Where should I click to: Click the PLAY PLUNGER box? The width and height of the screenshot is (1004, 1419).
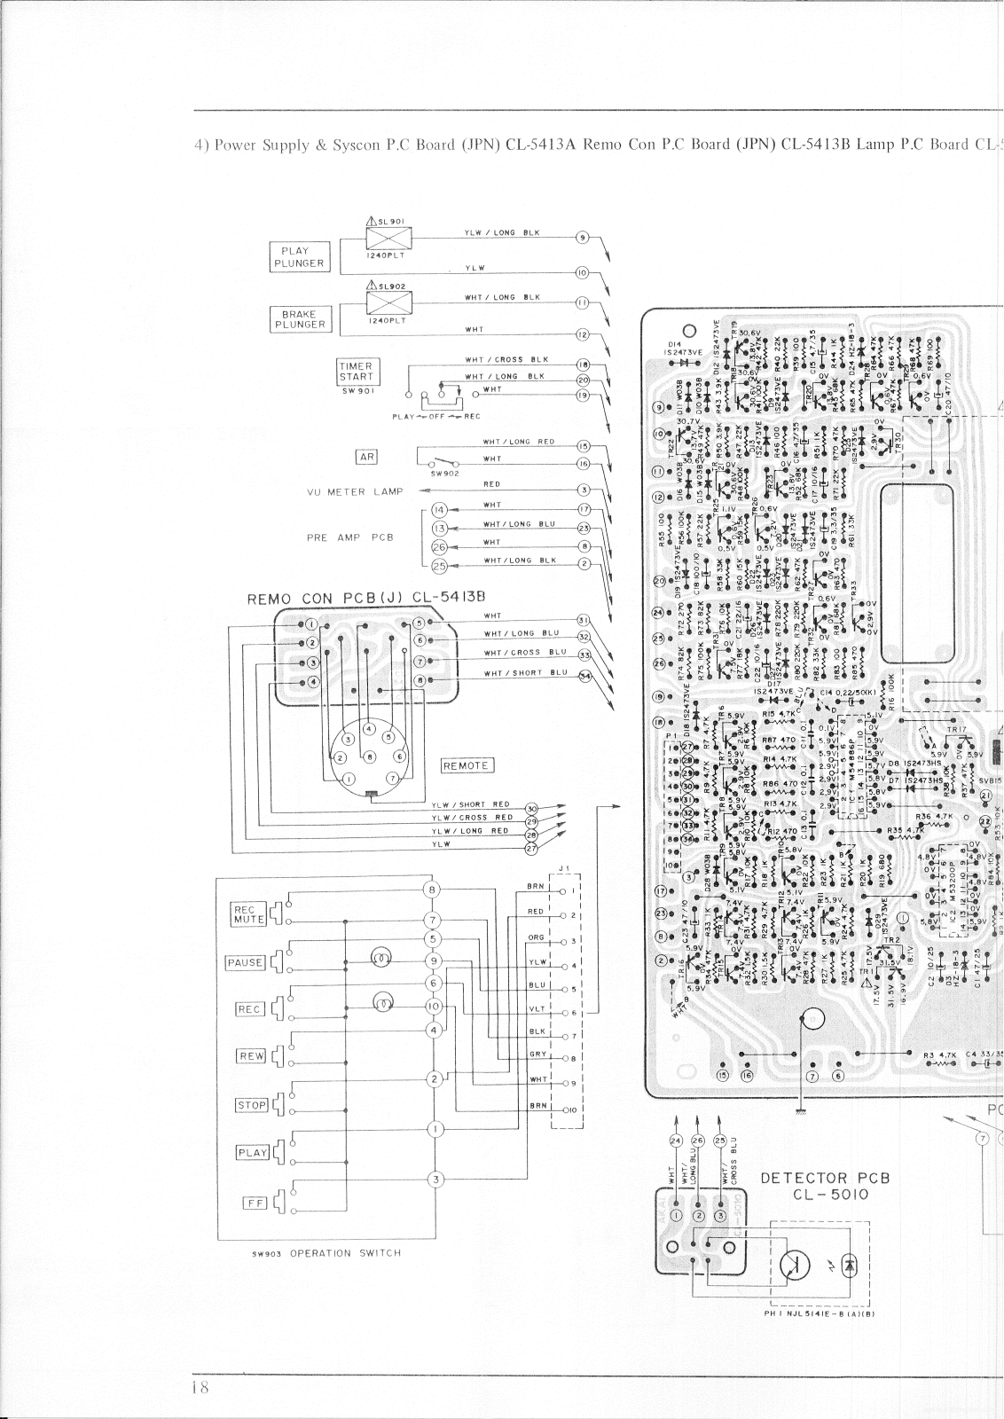click(x=300, y=256)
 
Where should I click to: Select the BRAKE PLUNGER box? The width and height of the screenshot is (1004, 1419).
click(x=300, y=319)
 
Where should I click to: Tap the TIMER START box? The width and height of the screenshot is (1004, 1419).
click(x=357, y=372)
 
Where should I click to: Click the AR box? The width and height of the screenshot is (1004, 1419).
click(x=366, y=457)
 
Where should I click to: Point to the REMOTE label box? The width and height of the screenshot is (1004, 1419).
click(x=467, y=765)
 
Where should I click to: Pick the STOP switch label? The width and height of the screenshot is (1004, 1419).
click(x=251, y=1105)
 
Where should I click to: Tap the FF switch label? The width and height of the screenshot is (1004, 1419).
click(x=255, y=1203)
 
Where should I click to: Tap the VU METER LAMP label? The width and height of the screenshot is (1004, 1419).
click(x=355, y=491)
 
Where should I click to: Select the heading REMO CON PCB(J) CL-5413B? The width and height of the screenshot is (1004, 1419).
click(x=370, y=598)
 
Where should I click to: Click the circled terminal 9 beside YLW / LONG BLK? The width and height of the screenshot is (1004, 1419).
click(x=583, y=238)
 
